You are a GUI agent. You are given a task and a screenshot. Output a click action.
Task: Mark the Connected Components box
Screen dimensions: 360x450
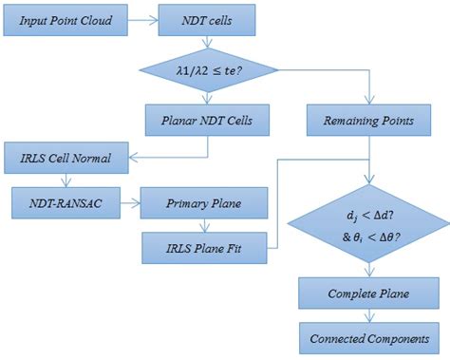[368, 337]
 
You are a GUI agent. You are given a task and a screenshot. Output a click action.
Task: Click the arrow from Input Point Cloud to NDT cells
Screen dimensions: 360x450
[146, 18]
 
